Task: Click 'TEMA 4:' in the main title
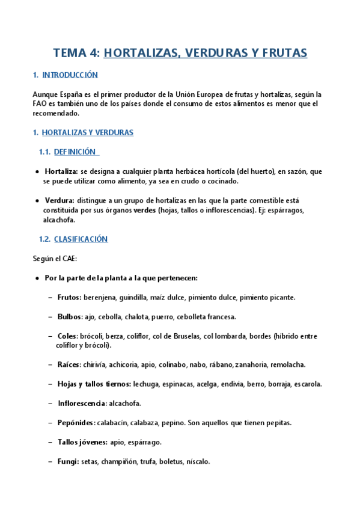pyautogui.click(x=76, y=53)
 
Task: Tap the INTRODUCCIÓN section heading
pyautogui.click(x=70, y=75)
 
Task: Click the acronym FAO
pyautogui.click(x=40, y=103)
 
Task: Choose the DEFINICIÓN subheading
pyautogui.click(x=75, y=152)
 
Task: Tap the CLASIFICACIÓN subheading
pyautogui.click(x=81, y=239)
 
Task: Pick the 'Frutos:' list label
pyautogui.click(x=70, y=297)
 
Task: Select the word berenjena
pyautogui.click(x=99, y=297)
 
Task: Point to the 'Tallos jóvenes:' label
pyautogui.click(x=82, y=442)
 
